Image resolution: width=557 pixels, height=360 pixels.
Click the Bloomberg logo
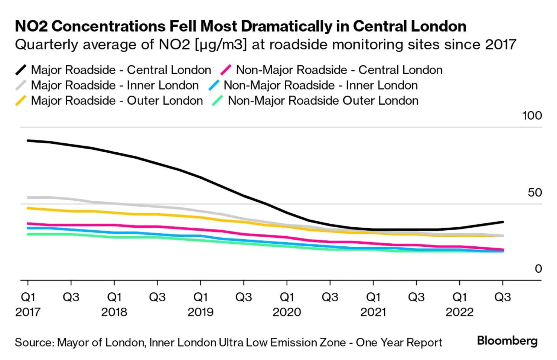pyautogui.click(x=507, y=341)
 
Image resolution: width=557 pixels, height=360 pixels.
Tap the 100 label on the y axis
pyautogui.click(x=532, y=116)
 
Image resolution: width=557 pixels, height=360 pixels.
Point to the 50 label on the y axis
pyautogui.click(x=535, y=192)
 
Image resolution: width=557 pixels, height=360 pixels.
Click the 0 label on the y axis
pyautogui.click(x=538, y=269)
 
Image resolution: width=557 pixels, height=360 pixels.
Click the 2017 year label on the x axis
pyautogui.click(x=28, y=312)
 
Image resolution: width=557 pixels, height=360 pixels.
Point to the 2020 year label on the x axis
pyautogui.click(x=287, y=312)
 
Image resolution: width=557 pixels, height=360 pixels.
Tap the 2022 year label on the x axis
pyautogui.click(x=459, y=312)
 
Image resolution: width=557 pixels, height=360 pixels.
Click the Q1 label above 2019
pyautogui.click(x=201, y=297)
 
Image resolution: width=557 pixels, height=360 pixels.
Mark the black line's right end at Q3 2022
pyautogui.click(x=503, y=222)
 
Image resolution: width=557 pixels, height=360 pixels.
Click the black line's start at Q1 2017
pyautogui.click(x=28, y=140)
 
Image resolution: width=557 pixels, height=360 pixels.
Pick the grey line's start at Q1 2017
pyautogui.click(x=28, y=197)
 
